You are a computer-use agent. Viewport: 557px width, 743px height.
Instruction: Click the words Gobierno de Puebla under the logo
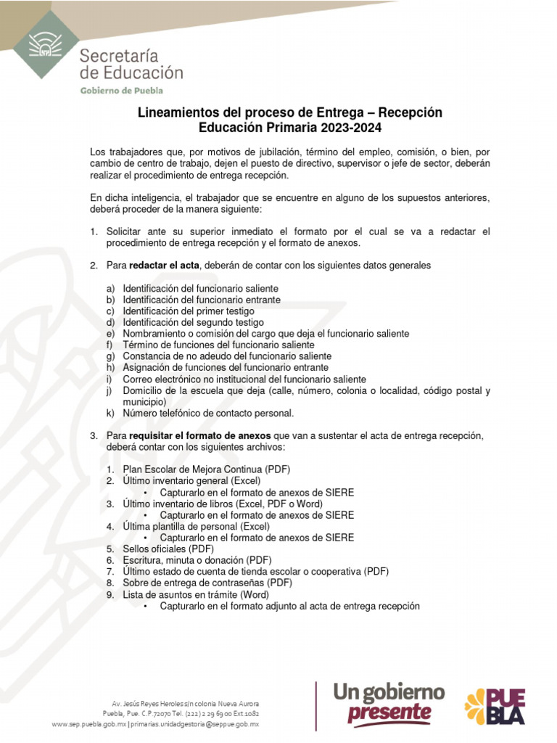[121, 90]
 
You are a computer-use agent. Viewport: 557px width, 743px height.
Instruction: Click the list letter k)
[111, 413]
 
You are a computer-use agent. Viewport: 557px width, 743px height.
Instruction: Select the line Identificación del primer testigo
[188, 311]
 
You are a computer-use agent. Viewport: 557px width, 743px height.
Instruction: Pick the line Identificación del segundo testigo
[193, 322]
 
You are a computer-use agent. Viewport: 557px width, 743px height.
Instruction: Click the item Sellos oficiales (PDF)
[163, 549]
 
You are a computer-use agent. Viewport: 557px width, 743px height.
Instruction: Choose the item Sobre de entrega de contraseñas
[207, 583]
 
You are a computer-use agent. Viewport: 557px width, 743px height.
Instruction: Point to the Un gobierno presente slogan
[388, 700]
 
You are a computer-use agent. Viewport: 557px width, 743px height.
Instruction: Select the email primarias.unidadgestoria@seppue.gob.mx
[194, 724]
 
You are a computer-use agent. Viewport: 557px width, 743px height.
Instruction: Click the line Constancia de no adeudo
[226, 356]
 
